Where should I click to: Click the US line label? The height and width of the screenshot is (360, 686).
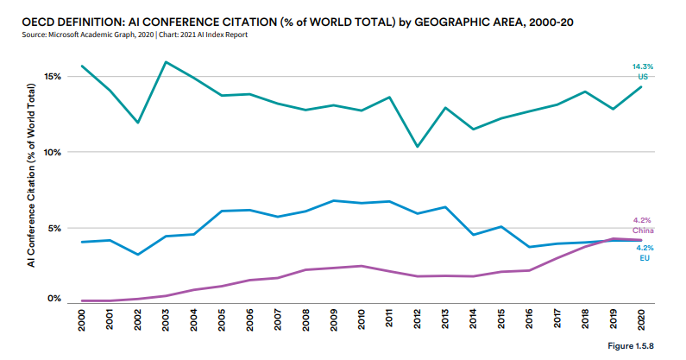642,77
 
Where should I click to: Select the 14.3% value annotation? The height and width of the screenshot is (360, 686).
642,66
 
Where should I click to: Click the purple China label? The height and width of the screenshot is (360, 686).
643,231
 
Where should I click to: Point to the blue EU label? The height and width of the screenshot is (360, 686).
643,258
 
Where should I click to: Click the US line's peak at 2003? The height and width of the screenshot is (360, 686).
166,62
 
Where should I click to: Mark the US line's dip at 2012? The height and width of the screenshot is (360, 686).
417,146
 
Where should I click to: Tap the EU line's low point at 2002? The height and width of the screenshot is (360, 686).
137,254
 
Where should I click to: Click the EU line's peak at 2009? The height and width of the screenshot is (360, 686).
333,200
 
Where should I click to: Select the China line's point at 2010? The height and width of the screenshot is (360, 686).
362,266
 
